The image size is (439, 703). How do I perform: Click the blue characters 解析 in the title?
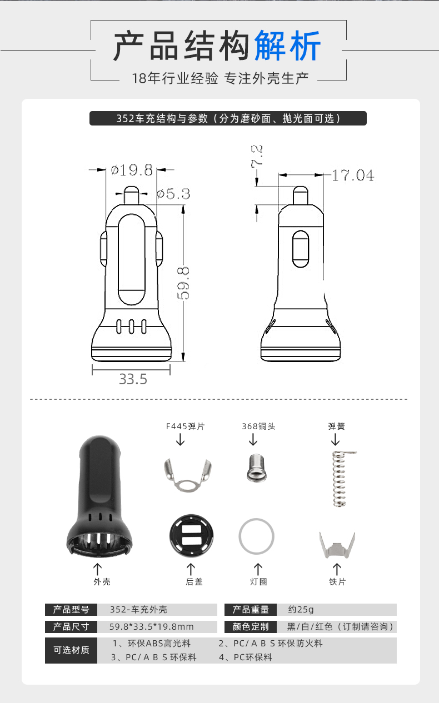[x=287, y=46]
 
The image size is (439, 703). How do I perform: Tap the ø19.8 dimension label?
[x=132, y=170]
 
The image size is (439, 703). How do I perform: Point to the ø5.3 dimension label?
[x=173, y=194]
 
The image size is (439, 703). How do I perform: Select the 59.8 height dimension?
[x=183, y=283]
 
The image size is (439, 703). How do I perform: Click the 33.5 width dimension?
[x=133, y=379]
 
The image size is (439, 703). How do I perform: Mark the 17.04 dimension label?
[x=353, y=175]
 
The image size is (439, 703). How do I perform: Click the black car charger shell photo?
[x=99, y=496]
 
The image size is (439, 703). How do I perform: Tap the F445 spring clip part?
[x=188, y=475]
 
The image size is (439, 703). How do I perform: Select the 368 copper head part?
[x=257, y=468]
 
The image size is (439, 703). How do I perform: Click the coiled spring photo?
[x=341, y=479]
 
